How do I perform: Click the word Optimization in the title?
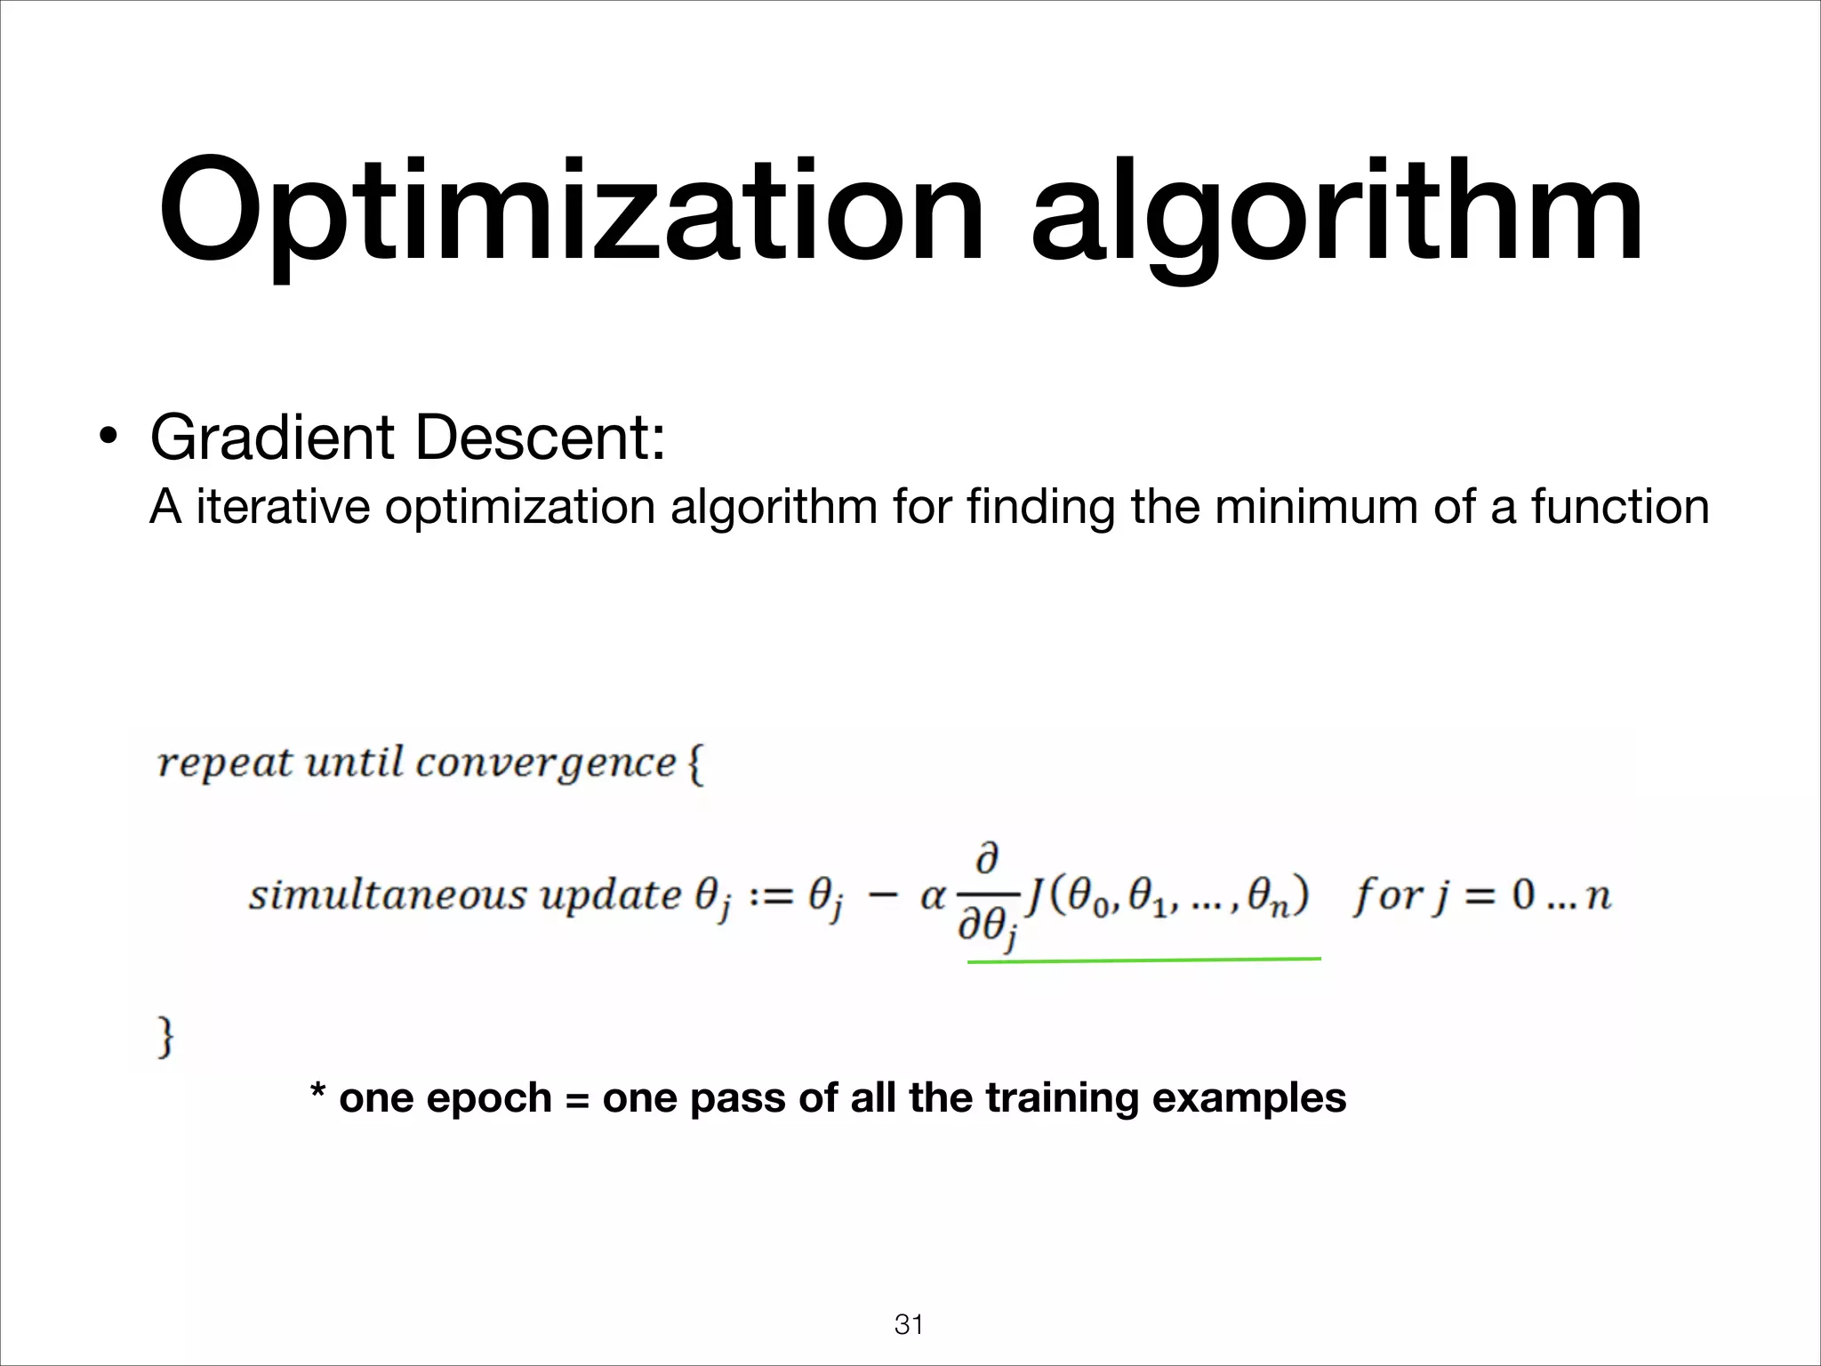570,213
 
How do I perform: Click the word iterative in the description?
283,508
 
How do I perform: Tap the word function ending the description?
1619,508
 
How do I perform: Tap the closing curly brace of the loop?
164,1038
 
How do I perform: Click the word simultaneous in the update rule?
388,896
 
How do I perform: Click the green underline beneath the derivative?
1143,960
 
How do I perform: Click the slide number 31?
909,1325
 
